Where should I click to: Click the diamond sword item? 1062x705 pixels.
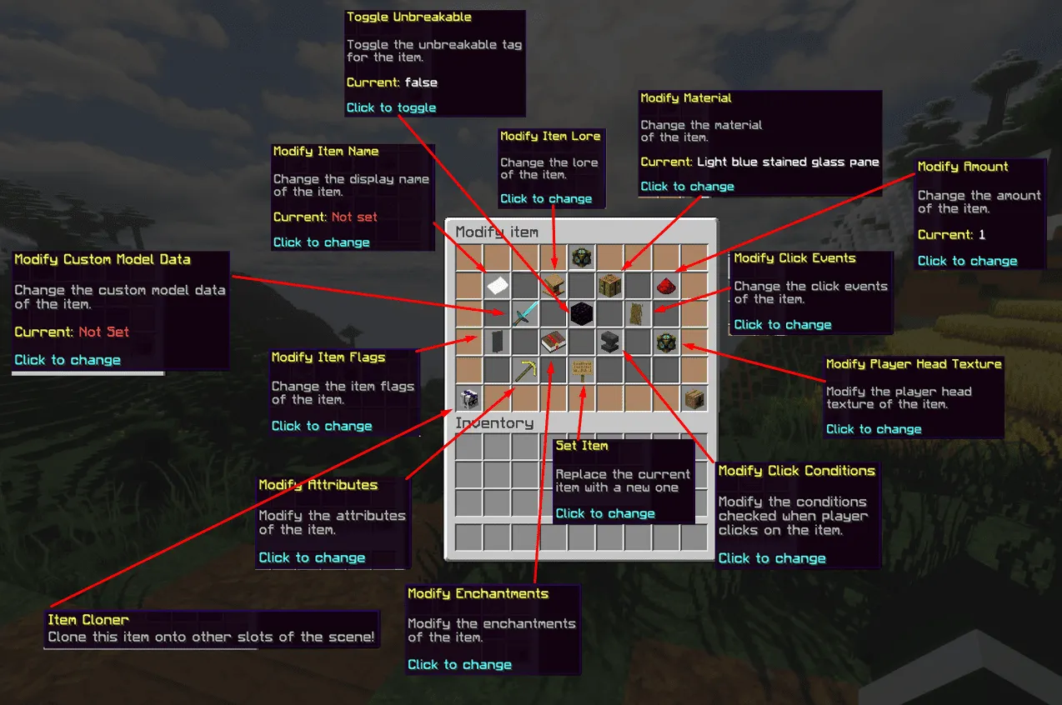[x=525, y=314]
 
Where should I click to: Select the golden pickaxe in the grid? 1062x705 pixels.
[x=525, y=370]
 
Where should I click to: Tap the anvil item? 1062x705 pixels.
[x=609, y=342]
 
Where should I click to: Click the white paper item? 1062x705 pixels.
[x=497, y=286]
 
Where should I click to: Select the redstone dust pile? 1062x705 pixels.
[x=665, y=286]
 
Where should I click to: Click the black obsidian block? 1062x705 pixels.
[x=580, y=314]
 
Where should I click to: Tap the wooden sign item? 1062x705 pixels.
[x=580, y=370]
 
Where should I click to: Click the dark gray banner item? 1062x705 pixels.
[x=497, y=342]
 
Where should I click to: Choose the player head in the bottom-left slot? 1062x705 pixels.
[x=468, y=398]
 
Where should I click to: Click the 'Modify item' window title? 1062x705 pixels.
[x=497, y=232]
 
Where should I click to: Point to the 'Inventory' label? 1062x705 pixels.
[x=494, y=423]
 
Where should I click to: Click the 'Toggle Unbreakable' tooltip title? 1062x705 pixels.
[x=408, y=17]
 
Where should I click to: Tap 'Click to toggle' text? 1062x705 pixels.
[x=391, y=107]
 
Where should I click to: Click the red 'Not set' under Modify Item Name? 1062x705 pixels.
[x=354, y=217]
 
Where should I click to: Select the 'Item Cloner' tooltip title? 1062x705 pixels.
[x=88, y=620]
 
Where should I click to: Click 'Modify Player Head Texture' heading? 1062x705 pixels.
[x=914, y=364]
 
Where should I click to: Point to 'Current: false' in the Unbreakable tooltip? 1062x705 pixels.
[x=392, y=82]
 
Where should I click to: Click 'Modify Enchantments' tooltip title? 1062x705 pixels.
[x=478, y=594]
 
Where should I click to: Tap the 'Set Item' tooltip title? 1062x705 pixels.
[x=582, y=446]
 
